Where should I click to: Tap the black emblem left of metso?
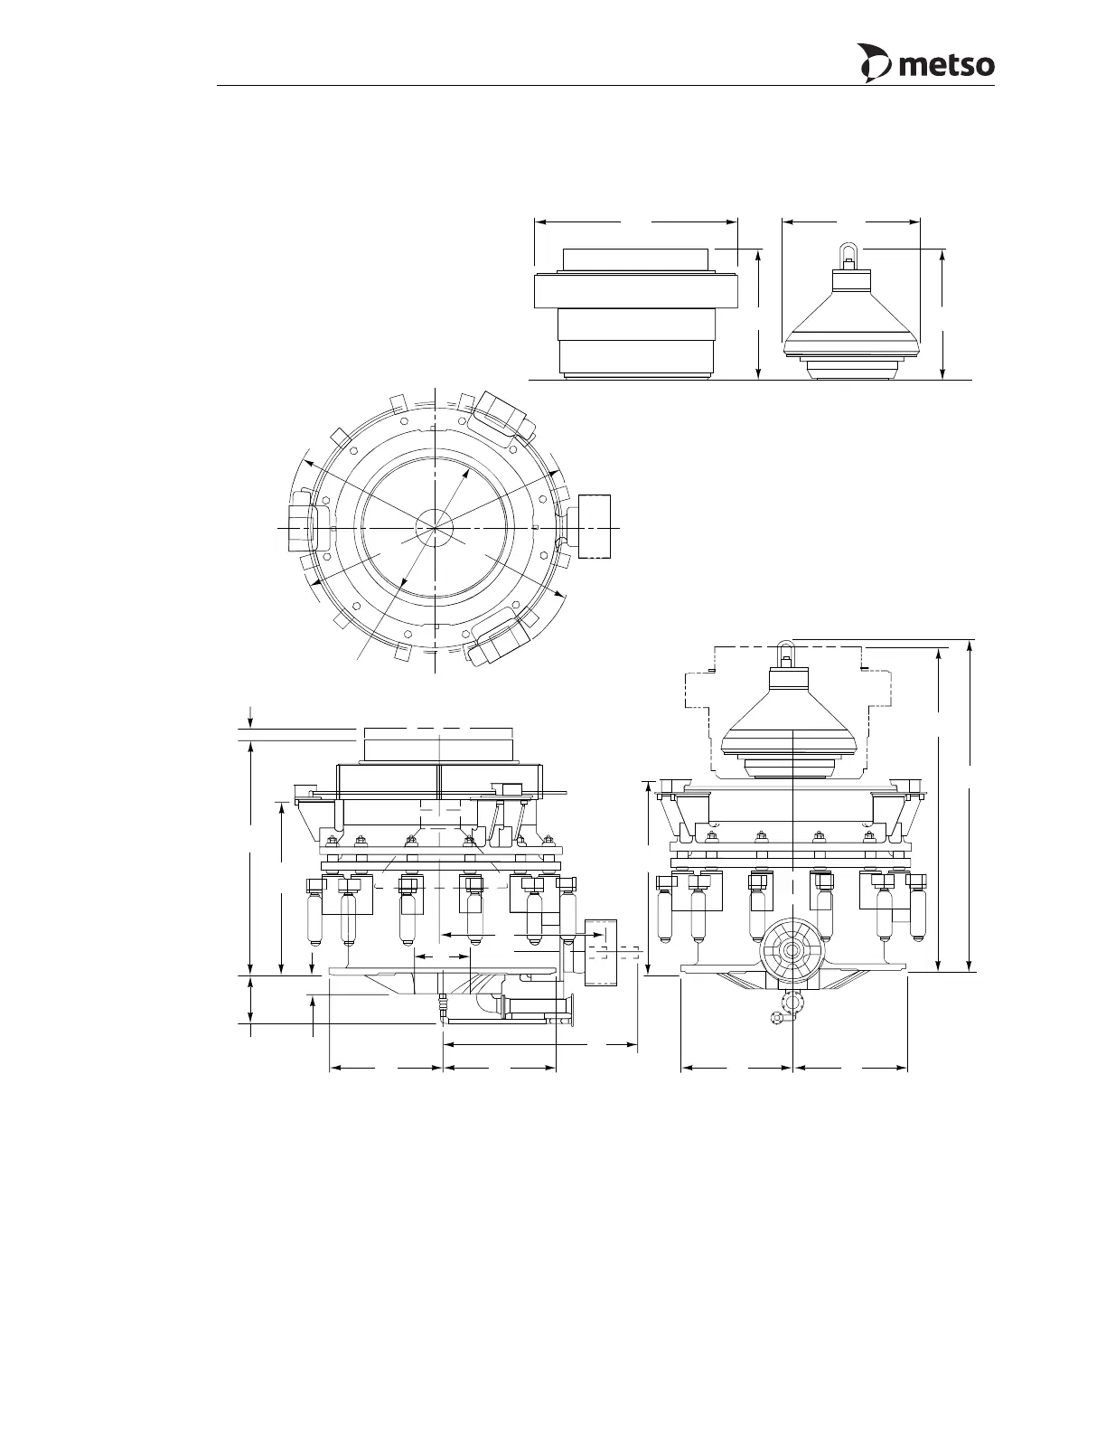point(875,63)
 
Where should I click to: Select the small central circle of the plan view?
point(436,528)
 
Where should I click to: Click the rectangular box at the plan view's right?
point(594,526)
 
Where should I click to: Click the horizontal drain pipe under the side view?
point(536,1008)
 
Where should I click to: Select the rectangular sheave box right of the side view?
point(600,952)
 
